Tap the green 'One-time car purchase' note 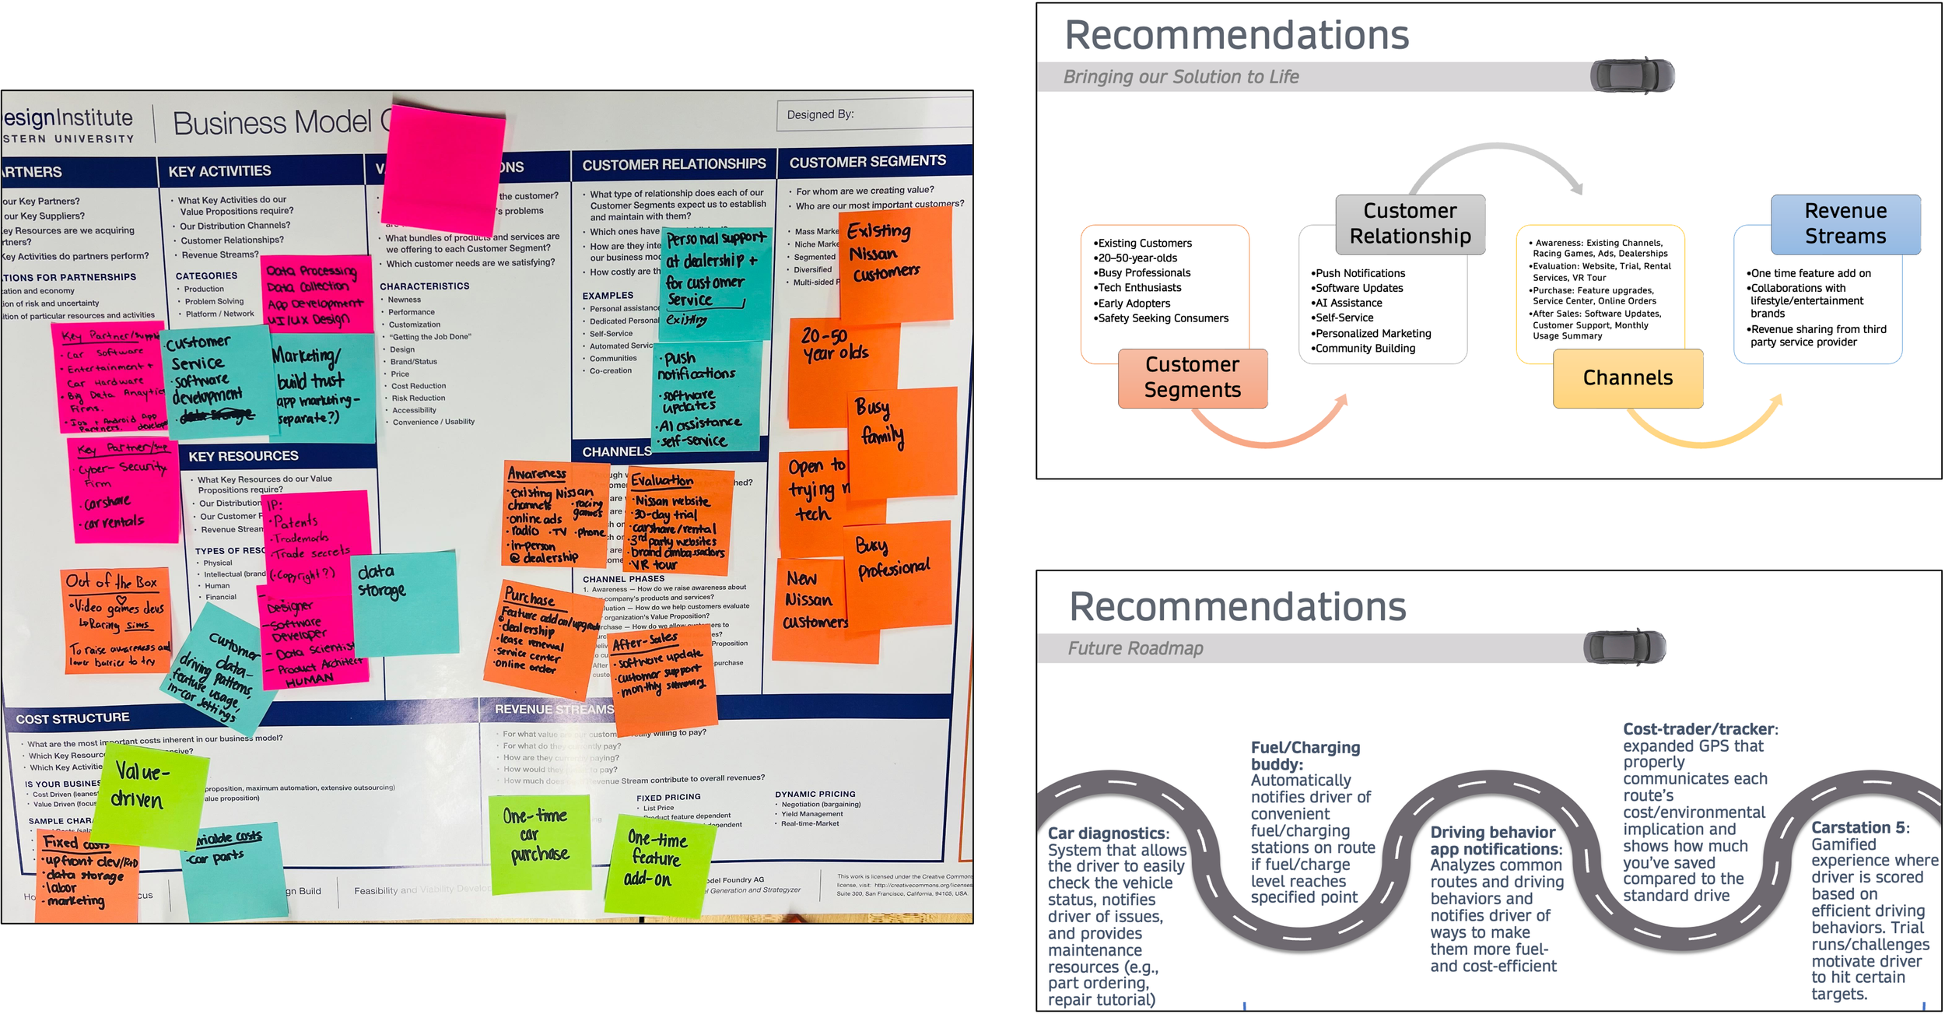point(538,840)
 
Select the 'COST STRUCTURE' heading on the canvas point(73,718)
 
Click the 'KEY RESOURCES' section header point(244,456)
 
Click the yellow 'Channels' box point(1628,378)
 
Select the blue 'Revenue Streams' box point(1845,224)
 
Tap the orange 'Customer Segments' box point(1192,378)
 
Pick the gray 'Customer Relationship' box point(1410,224)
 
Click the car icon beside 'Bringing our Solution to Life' point(1631,76)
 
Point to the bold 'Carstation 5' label point(1859,828)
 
